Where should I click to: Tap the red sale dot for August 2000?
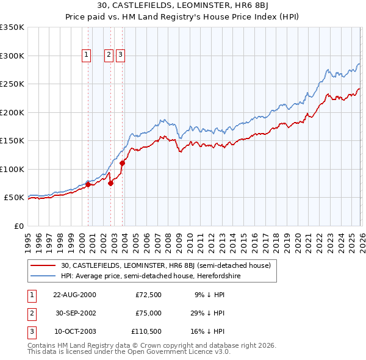pyautogui.click(x=88, y=184)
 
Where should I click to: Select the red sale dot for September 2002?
pyautogui.click(x=110, y=183)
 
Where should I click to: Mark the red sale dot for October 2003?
pyautogui.click(x=122, y=163)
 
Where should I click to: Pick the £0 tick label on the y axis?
pyautogui.click(x=18, y=226)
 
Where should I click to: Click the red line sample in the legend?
pyautogui.click(x=43, y=265)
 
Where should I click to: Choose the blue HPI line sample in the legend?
pyautogui.click(x=43, y=276)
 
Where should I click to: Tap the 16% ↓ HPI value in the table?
pyautogui.click(x=209, y=331)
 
